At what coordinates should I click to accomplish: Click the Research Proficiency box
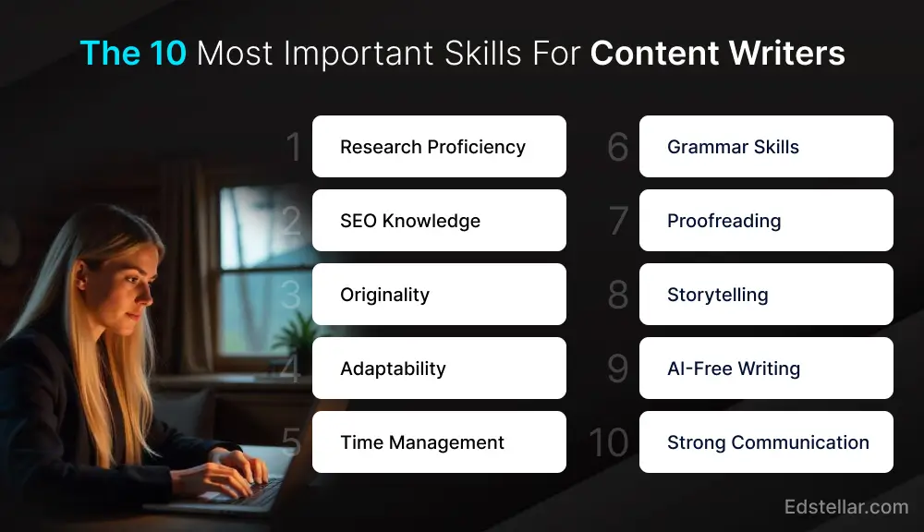click(439, 147)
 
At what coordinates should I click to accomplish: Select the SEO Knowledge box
click(439, 221)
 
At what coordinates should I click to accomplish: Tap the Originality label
click(384, 295)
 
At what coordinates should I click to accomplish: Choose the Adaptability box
click(439, 369)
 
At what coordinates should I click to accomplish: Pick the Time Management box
click(439, 442)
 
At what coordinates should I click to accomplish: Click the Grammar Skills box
click(766, 147)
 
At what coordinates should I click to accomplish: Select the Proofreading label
click(723, 221)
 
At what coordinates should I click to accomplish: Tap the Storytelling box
click(766, 295)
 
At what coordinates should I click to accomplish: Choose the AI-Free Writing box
click(766, 369)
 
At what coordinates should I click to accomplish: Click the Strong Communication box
click(766, 442)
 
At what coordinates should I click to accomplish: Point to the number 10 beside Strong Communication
click(608, 443)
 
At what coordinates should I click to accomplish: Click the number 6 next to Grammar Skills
click(617, 148)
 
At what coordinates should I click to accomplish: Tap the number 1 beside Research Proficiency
click(294, 148)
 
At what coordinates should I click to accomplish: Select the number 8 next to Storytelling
click(617, 296)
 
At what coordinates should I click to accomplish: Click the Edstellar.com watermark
click(845, 506)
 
